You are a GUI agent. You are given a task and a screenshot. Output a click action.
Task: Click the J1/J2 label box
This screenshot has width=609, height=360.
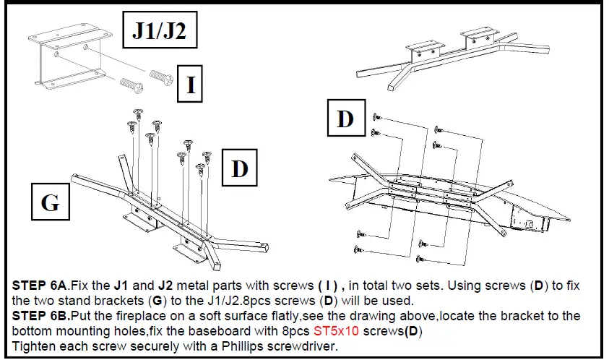(x=159, y=31)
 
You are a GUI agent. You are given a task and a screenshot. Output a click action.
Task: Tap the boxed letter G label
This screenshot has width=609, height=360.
(x=50, y=202)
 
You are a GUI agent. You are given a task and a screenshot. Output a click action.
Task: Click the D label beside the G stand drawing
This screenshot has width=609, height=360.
(x=239, y=168)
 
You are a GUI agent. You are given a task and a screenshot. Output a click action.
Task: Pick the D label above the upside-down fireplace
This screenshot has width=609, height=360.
(x=345, y=118)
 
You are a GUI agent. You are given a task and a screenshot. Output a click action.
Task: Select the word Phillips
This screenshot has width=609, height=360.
(x=264, y=346)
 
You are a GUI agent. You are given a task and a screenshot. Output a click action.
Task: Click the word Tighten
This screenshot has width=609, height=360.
(x=32, y=346)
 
